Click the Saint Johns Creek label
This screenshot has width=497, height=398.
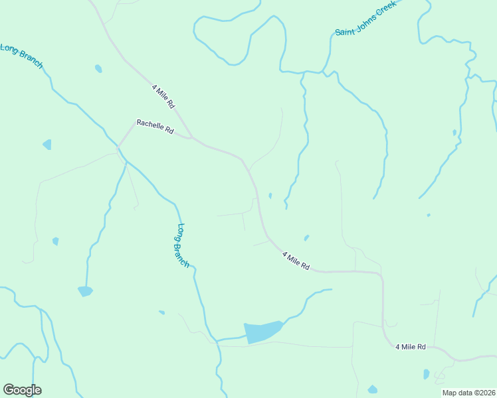pyautogui.click(x=365, y=18)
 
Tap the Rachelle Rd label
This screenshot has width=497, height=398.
pyautogui.click(x=155, y=127)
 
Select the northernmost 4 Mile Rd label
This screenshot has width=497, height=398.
pyautogui.click(x=163, y=96)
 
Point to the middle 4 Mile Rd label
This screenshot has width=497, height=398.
pyautogui.click(x=296, y=260)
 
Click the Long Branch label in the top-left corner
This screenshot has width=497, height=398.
pyautogui.click(x=21, y=56)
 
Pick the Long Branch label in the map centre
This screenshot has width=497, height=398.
pyautogui.click(x=182, y=245)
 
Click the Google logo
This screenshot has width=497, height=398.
pyautogui.click(x=22, y=390)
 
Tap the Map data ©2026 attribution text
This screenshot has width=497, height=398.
pyautogui.click(x=469, y=393)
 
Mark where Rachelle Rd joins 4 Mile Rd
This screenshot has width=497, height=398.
pyautogui.click(x=192, y=138)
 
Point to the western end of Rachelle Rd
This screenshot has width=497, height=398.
pyautogui.click(x=120, y=145)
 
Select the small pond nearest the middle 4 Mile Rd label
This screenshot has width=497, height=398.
pyautogui.click(x=306, y=237)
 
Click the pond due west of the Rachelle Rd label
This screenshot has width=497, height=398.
pyautogui.click(x=47, y=144)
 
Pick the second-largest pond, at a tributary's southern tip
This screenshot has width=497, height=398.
pyautogui.click(x=85, y=291)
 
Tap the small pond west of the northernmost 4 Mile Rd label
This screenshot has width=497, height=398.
pyautogui.click(x=98, y=68)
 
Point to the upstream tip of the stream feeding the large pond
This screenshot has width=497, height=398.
pyautogui.click(x=330, y=289)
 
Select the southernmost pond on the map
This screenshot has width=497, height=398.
pyautogui.click(x=372, y=389)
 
